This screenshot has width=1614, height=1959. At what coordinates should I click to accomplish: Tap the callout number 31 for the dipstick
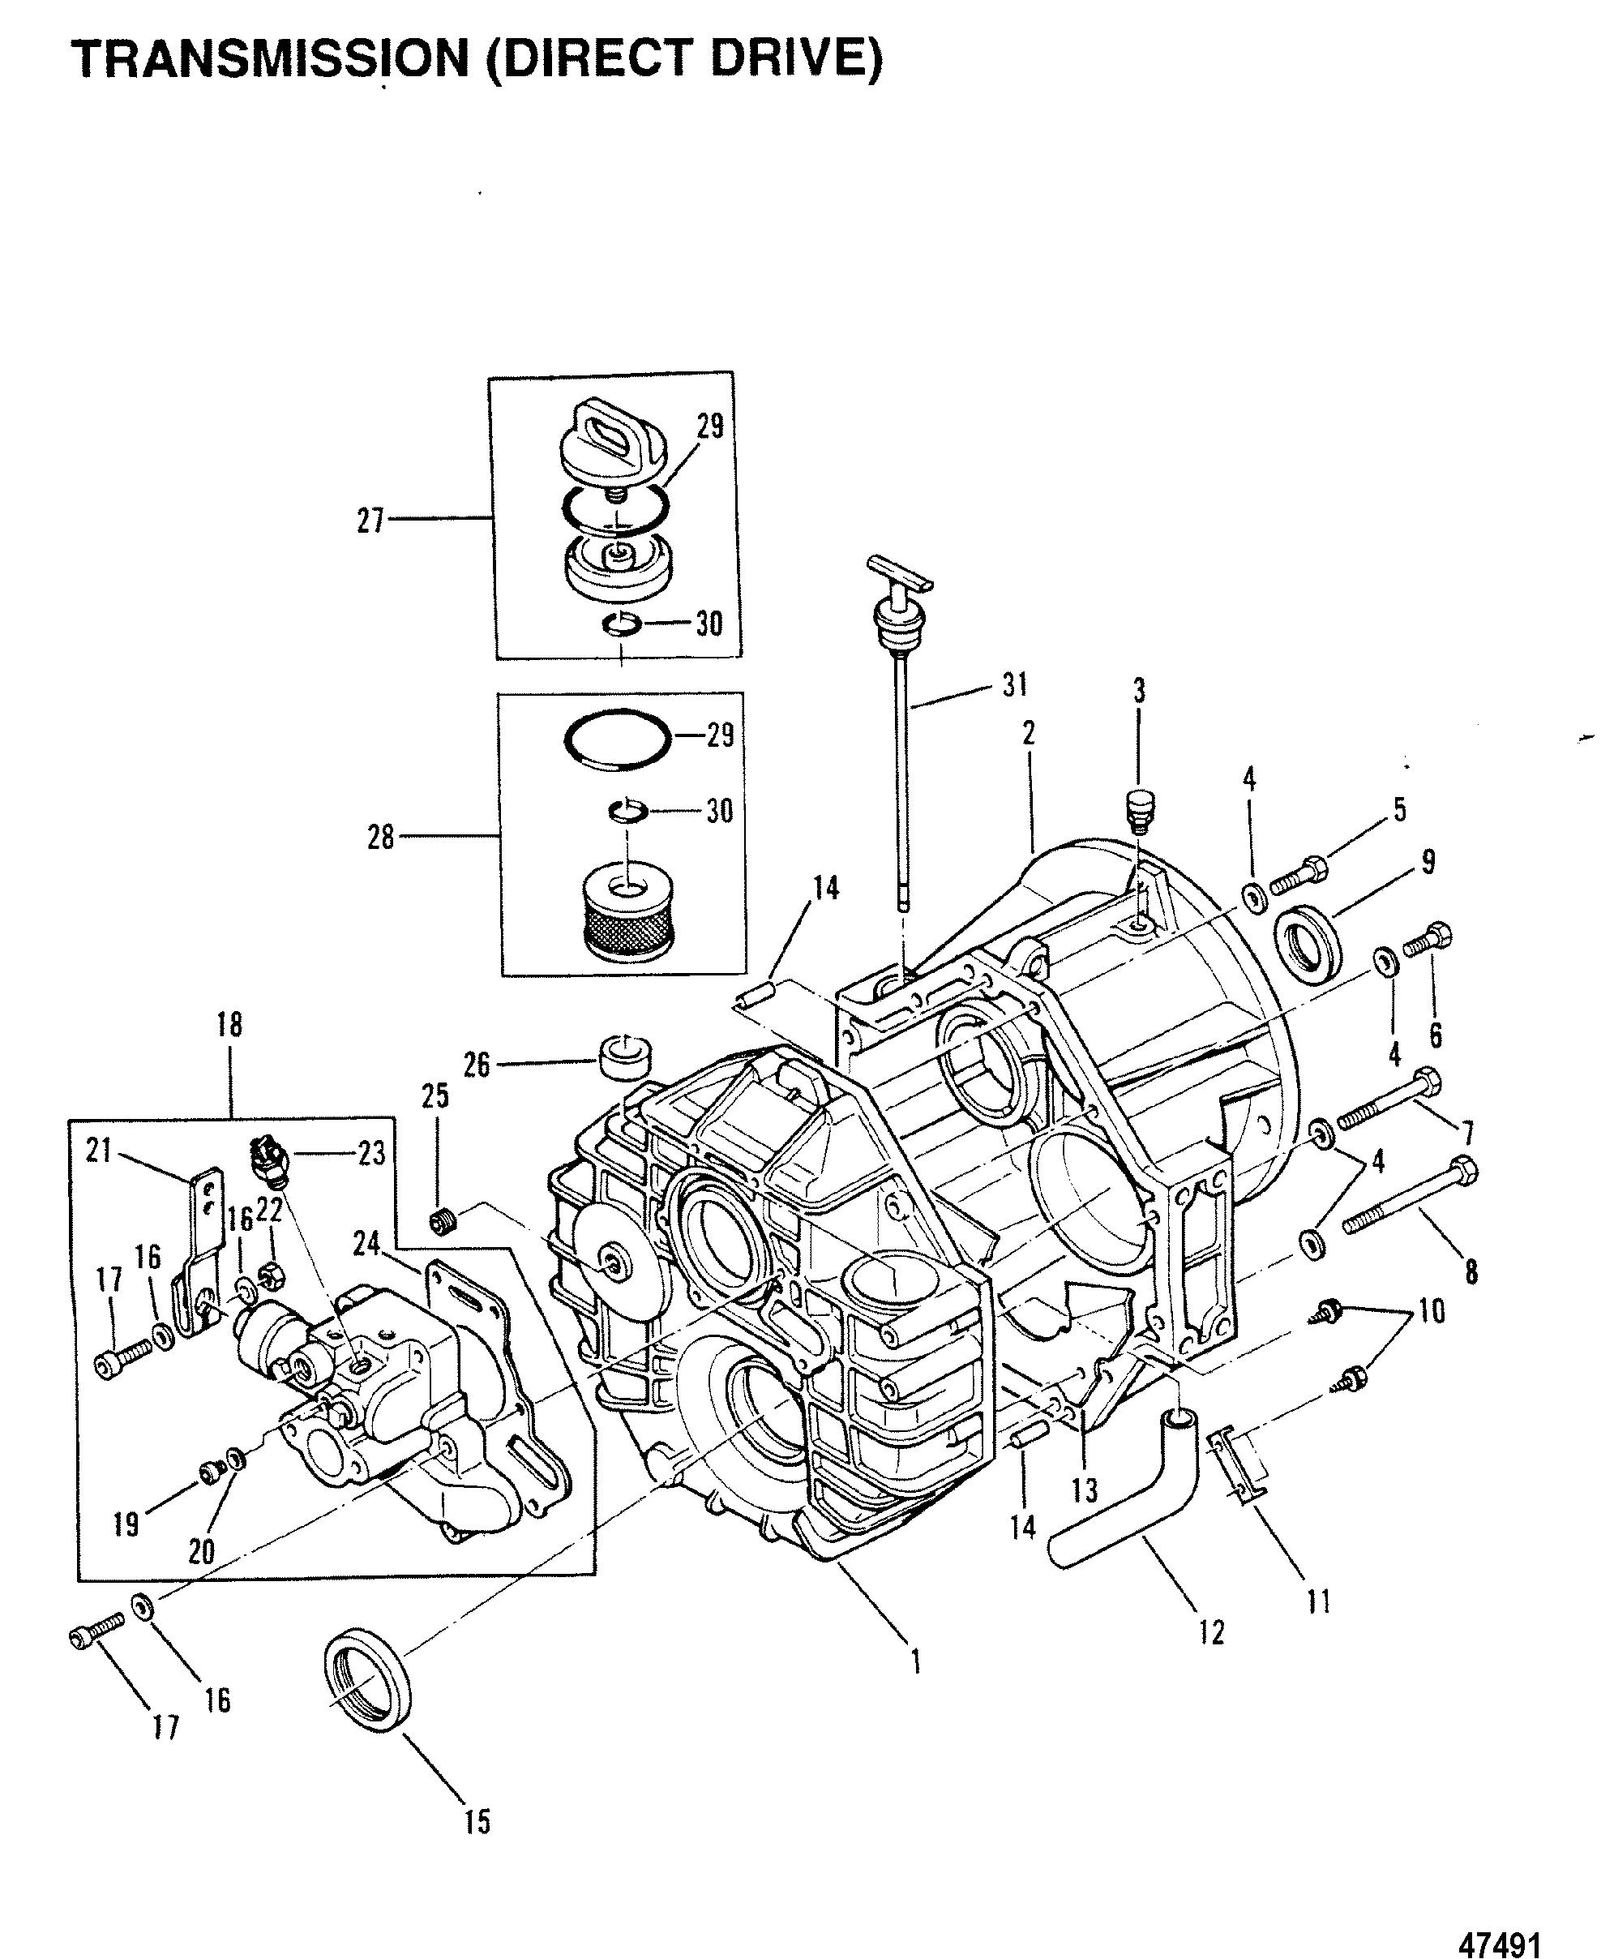point(1014,686)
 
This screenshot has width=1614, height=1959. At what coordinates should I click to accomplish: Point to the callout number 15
point(476,1822)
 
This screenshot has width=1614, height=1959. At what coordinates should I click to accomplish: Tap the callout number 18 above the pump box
point(229,1025)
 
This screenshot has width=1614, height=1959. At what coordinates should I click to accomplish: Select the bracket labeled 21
point(198,1254)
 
